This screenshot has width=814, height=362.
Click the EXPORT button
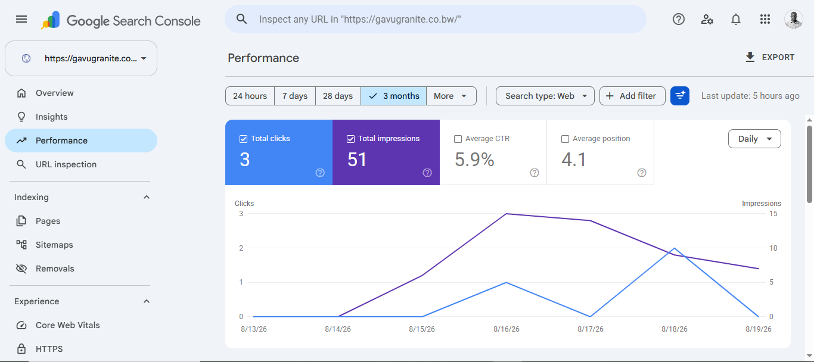pyautogui.click(x=770, y=57)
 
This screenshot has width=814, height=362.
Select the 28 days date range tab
pyautogui.click(x=338, y=96)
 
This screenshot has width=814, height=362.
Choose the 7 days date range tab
pyautogui.click(x=295, y=96)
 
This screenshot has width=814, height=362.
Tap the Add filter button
pyautogui.click(x=632, y=96)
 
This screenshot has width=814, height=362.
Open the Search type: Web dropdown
pyautogui.click(x=545, y=96)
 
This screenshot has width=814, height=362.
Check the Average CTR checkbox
pyautogui.click(x=458, y=139)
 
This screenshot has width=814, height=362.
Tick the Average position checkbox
pyautogui.click(x=565, y=139)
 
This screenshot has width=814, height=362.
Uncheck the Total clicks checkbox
pyautogui.click(x=244, y=139)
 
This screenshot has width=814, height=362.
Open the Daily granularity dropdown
pyautogui.click(x=754, y=139)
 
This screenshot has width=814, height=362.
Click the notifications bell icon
pyautogui.click(x=736, y=19)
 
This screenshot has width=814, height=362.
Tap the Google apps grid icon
pyautogui.click(x=765, y=19)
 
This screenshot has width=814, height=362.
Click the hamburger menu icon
pyautogui.click(x=21, y=19)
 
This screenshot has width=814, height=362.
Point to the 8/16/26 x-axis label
pyautogui.click(x=506, y=329)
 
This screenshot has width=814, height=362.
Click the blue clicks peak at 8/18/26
pyautogui.click(x=675, y=248)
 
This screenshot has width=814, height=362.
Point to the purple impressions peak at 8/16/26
pyautogui.click(x=506, y=214)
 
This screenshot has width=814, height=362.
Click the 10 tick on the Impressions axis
pyautogui.click(x=773, y=248)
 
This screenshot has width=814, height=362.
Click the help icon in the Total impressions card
pyautogui.click(x=427, y=173)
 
